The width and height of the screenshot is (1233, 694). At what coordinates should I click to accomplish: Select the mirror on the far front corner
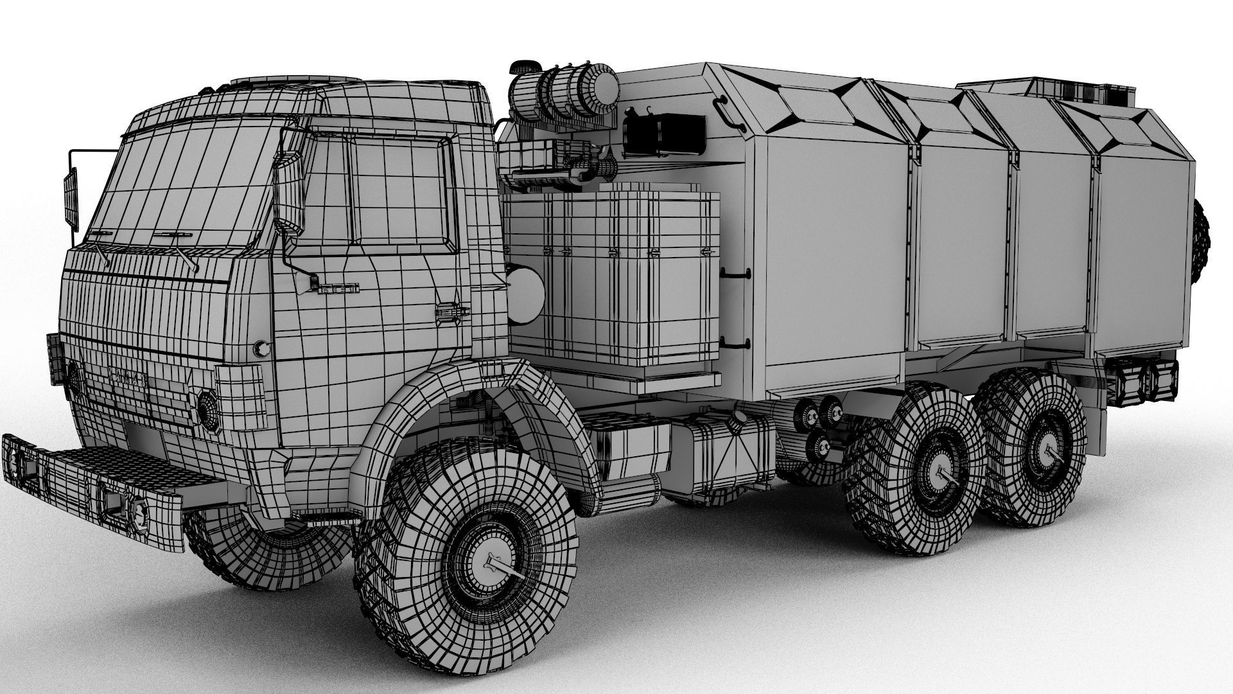70,196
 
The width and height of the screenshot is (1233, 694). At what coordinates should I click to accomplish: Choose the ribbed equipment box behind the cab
613,283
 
